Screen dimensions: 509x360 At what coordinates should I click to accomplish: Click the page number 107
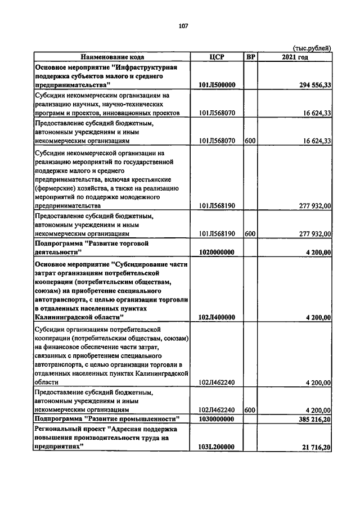pyautogui.click(x=183, y=25)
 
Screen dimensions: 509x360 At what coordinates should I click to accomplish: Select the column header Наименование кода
pyautogui.click(x=112, y=57)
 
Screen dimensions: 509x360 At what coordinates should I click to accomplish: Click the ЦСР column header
pyautogui.click(x=217, y=57)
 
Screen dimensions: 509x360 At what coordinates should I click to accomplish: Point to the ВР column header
pyautogui.click(x=250, y=57)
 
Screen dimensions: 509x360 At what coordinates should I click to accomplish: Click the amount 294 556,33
pyautogui.click(x=309, y=85)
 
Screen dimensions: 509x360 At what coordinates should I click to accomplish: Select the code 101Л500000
pyautogui.click(x=217, y=85)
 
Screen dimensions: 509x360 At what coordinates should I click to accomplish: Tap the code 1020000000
pyautogui.click(x=217, y=252)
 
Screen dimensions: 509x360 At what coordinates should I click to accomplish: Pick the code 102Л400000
pyautogui.click(x=217, y=317)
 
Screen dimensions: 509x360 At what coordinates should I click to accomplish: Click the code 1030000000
pyautogui.click(x=217, y=419)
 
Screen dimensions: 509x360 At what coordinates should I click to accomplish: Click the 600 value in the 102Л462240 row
pyautogui.click(x=250, y=411)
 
